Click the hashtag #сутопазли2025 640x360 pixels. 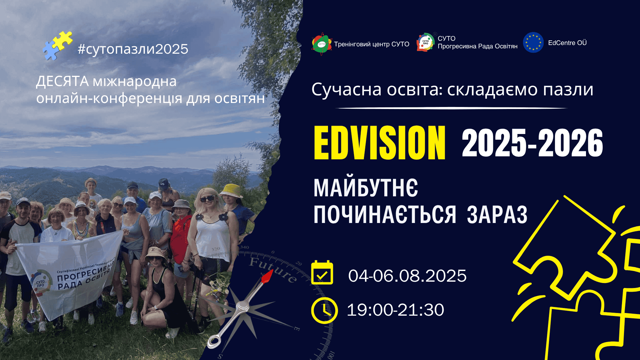[x=133, y=49]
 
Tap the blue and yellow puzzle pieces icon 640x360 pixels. [x=57, y=46]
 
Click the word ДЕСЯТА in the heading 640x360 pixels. [x=62, y=81]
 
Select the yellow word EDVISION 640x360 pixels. [x=380, y=143]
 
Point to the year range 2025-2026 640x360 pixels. [x=532, y=143]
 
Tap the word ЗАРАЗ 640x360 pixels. [x=497, y=214]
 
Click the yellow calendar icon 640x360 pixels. [x=322, y=273]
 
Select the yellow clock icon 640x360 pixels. [x=324, y=310]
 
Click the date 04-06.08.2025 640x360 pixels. [x=407, y=276]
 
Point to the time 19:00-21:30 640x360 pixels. [x=395, y=310]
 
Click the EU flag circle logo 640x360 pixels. [x=533, y=42]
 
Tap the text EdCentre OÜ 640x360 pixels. [x=567, y=43]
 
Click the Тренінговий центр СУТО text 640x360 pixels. [x=372, y=44]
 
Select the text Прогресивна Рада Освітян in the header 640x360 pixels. [x=477, y=46]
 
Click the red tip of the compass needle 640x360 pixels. [x=267, y=277]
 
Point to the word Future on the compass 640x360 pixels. [x=273, y=270]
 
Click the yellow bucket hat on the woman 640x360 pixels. [x=231, y=190]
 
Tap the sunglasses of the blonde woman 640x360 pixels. [x=207, y=199]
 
